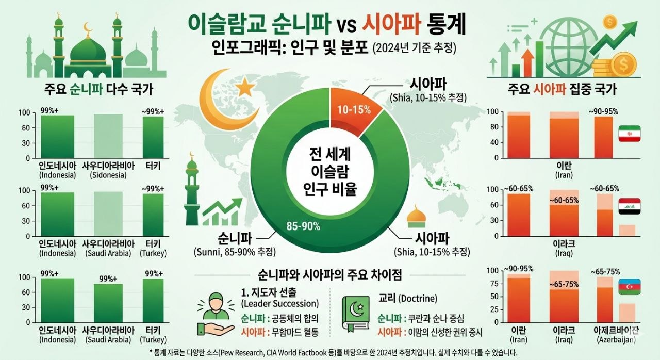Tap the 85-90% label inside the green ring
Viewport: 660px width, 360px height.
[303, 226]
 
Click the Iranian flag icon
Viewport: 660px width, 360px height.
[629, 134]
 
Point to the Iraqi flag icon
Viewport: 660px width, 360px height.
[629, 206]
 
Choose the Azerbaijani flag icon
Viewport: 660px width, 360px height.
[629, 287]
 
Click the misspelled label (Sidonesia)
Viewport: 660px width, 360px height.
[108, 175]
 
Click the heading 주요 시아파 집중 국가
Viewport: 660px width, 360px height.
[562, 89]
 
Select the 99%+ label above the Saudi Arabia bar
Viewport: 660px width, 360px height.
[108, 279]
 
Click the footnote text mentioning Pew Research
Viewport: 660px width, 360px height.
[330, 352]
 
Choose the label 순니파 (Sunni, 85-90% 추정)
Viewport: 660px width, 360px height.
[235, 246]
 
